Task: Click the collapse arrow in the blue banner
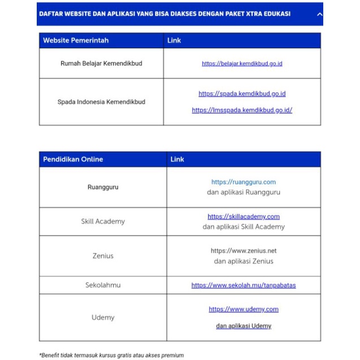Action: pyautogui.click(x=320, y=14)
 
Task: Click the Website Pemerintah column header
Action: pyautogui.click(x=76, y=41)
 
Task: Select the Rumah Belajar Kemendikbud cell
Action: pyautogui.click(x=101, y=63)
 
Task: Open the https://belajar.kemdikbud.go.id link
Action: pyautogui.click(x=242, y=64)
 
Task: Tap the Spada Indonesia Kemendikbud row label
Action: pyautogui.click(x=101, y=102)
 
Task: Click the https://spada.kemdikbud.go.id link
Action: pyautogui.click(x=242, y=94)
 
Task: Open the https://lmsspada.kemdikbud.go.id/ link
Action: pyautogui.click(x=242, y=111)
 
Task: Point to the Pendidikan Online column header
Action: pyautogui.click(x=73, y=159)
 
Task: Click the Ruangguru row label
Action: pyautogui.click(x=103, y=187)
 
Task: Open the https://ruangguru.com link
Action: pyautogui.click(x=244, y=182)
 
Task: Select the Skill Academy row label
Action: pyautogui.click(x=103, y=222)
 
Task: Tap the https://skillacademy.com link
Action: pyautogui.click(x=244, y=216)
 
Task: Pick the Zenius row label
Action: pyautogui.click(x=103, y=256)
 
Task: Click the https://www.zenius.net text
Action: pyautogui.click(x=244, y=251)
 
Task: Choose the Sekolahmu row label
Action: pyautogui.click(x=103, y=285)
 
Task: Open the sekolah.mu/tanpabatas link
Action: pyautogui.click(x=244, y=285)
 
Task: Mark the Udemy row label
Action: pyautogui.click(x=103, y=318)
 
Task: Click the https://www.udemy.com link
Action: pyautogui.click(x=244, y=309)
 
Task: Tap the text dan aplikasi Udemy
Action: pyautogui.click(x=244, y=326)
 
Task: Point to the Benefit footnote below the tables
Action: pyautogui.click(x=111, y=355)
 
